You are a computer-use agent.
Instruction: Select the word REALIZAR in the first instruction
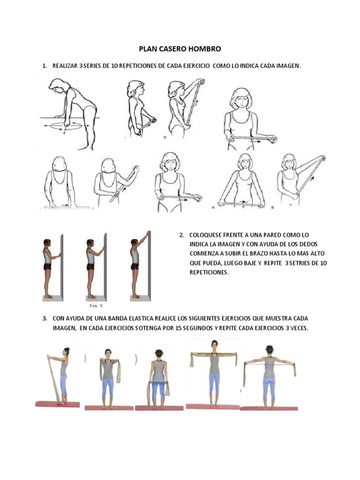[x=65, y=66]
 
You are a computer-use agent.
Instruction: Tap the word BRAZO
[x=262, y=253]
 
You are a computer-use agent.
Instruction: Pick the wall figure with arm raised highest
[x=137, y=265]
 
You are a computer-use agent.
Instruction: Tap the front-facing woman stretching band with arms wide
[x=214, y=370]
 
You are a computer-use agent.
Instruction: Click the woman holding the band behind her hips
[x=158, y=377]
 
